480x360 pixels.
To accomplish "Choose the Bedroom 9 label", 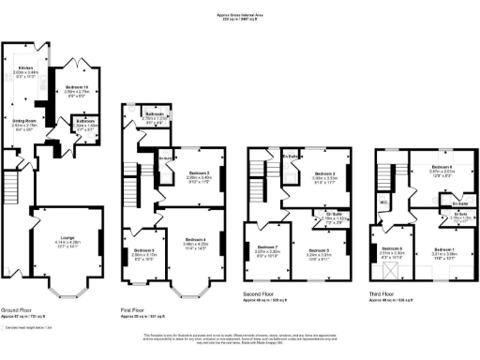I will [x=143, y=250].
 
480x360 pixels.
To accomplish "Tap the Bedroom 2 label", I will [x=324, y=173].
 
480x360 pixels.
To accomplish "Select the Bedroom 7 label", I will [x=268, y=250].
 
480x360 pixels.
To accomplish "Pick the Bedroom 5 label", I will [x=324, y=250].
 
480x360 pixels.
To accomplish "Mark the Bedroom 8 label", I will [x=392, y=250].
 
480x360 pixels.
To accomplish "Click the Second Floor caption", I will [x=260, y=296].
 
